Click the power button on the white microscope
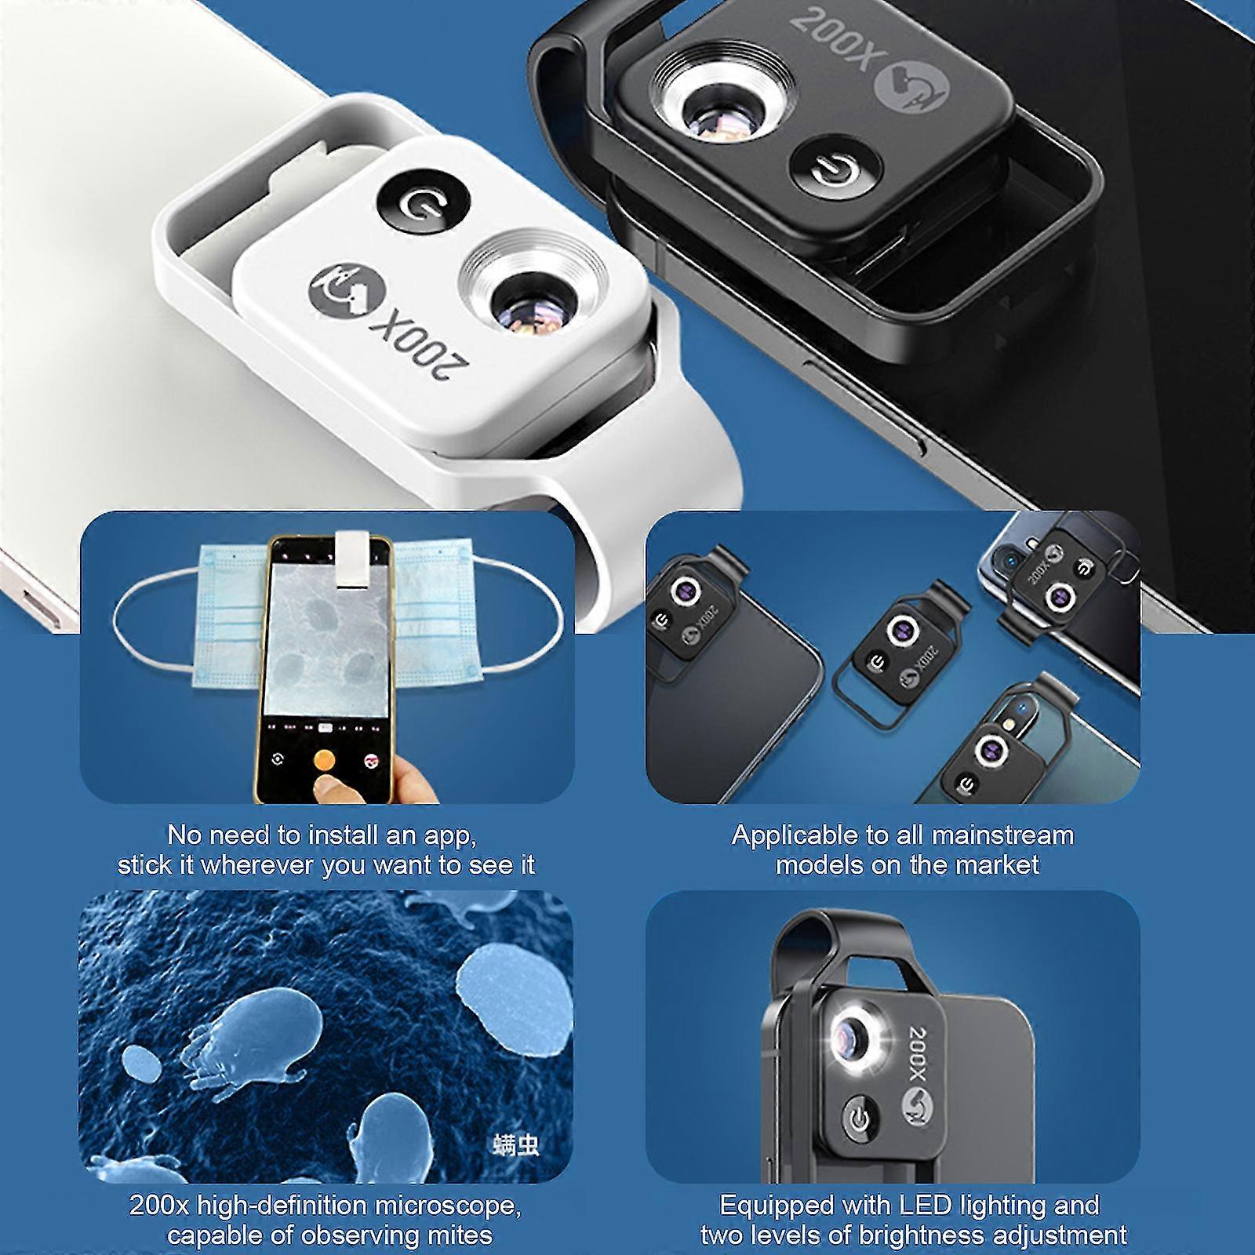(x=424, y=203)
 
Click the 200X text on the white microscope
(x=424, y=347)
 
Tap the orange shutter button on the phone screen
(x=322, y=760)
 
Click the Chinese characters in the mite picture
(x=517, y=1145)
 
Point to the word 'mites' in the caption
(x=458, y=1235)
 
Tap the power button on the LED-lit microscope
(x=860, y=1119)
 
